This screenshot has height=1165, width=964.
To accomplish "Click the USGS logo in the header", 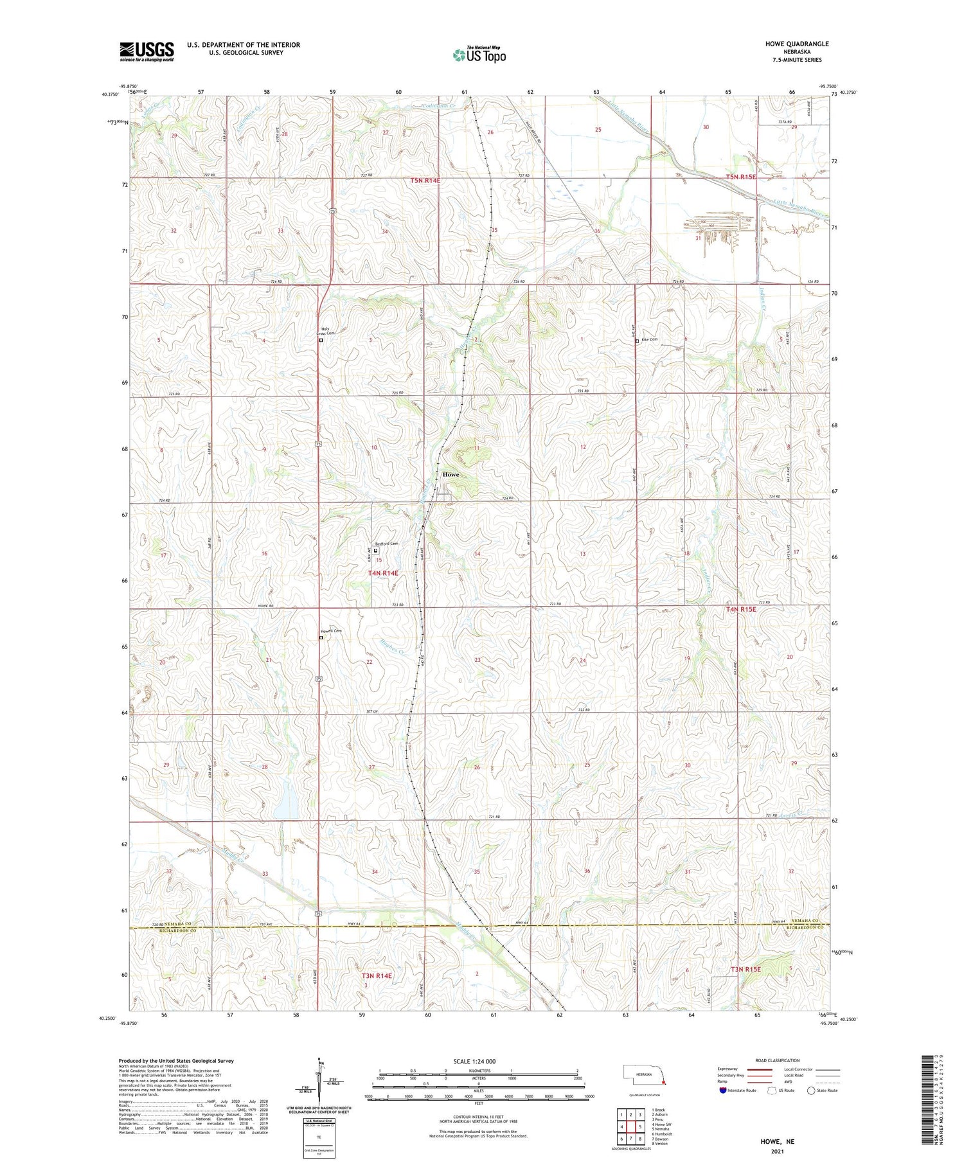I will coord(147,51).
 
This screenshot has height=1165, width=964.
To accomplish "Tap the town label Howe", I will coord(451,474).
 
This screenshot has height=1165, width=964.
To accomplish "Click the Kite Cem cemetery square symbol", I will coord(637,342).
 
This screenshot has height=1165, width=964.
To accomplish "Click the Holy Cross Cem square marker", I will coord(321,341).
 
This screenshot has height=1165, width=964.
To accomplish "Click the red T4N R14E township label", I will coord(383,573).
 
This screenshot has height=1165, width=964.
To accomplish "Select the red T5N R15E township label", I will coord(741,177).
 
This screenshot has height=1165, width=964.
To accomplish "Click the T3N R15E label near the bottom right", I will coord(745,969).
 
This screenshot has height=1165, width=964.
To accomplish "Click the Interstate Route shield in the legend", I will coord(722,1090).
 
